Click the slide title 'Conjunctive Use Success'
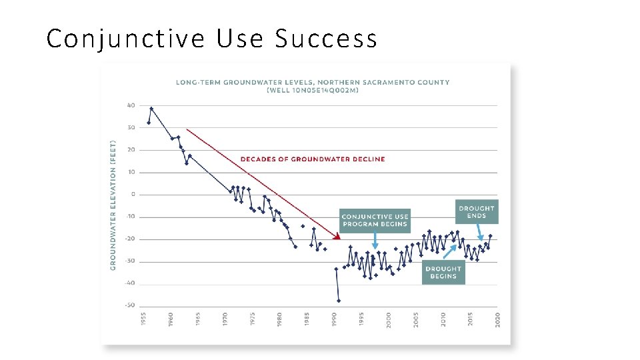point(211,39)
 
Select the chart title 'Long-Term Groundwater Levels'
point(313,83)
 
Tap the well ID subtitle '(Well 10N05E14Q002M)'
point(313,90)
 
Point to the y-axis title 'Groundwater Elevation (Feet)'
point(113,205)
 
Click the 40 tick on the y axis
point(131,105)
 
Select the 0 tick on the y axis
point(133,195)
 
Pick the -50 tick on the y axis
point(130,305)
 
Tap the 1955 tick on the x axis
point(143,319)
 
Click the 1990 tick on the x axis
point(334,319)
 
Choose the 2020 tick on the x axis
point(497,319)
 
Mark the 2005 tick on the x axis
point(416,319)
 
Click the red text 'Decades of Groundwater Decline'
point(313,159)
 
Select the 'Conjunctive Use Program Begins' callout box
point(375,221)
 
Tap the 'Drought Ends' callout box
point(477,212)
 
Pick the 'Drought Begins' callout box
point(443,273)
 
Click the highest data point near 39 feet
point(151,109)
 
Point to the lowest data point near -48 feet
point(339,301)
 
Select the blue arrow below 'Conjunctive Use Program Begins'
point(375,241)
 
